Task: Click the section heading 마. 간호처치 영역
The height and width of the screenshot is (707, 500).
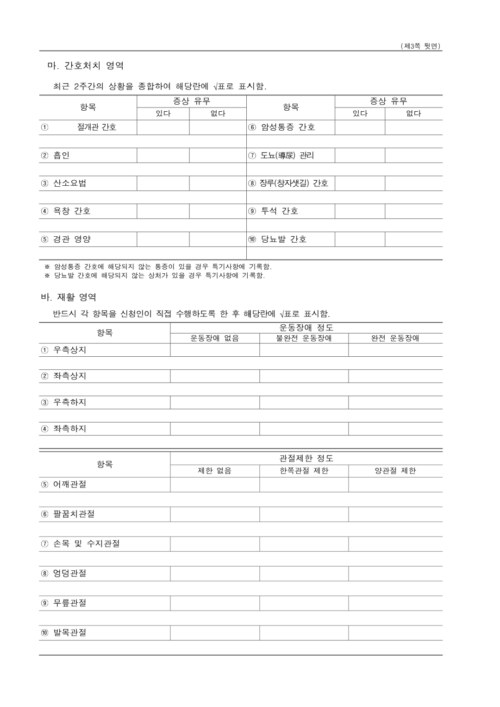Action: click(86, 66)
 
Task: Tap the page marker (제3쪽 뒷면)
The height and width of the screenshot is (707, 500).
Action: click(420, 46)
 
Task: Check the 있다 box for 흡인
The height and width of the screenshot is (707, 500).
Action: click(163, 156)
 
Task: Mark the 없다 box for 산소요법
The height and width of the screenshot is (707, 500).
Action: click(218, 183)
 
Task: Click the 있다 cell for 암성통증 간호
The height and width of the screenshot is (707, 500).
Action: click(360, 127)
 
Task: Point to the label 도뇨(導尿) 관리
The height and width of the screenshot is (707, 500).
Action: click(287, 156)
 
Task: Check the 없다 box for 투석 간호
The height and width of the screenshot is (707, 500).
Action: click(413, 211)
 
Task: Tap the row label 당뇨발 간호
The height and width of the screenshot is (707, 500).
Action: click(283, 240)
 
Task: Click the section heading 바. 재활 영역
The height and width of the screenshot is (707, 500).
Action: click(69, 297)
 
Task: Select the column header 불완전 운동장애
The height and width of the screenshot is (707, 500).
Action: click(304, 338)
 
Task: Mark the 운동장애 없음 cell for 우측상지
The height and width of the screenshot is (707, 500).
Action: click(215, 350)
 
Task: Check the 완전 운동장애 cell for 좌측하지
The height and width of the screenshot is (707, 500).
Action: click(395, 429)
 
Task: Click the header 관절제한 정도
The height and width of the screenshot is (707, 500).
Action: click(306, 458)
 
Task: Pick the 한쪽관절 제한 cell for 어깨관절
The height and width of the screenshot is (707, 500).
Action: click(304, 485)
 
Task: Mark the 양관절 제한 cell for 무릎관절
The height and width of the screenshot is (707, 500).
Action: click(395, 603)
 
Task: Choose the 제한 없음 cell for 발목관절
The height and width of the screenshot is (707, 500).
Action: click(215, 633)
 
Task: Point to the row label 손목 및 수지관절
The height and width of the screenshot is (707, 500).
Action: click(86, 544)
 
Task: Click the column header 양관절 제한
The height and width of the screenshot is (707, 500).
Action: click(395, 471)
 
